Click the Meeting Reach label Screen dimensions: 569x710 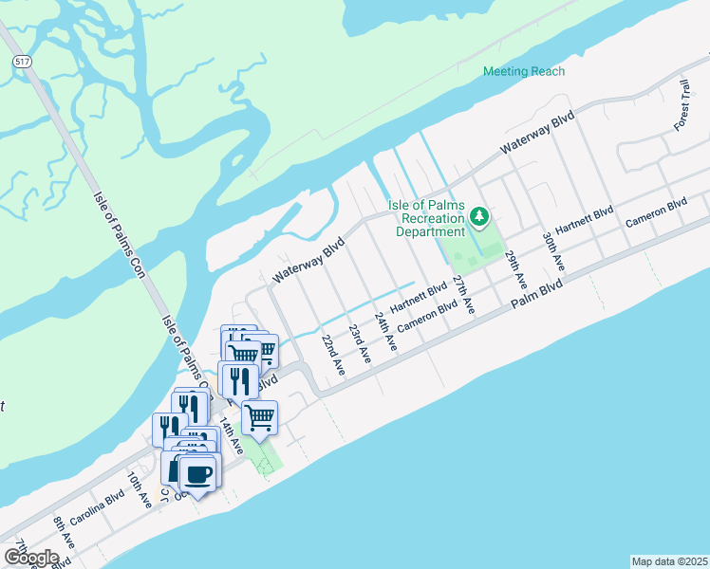click(x=523, y=71)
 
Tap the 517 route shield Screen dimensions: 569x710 click(x=20, y=61)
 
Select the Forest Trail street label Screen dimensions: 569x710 click(x=682, y=105)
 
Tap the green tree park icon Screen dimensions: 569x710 click(x=480, y=218)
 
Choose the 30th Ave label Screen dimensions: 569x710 click(x=551, y=251)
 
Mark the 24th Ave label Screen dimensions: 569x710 click(x=384, y=331)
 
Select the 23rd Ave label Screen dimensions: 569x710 click(x=359, y=341)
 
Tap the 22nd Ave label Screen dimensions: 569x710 click(x=331, y=353)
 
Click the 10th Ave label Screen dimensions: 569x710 click(x=140, y=489)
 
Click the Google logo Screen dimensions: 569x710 click(x=30, y=558)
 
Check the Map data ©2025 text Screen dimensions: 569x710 click(x=668, y=561)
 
